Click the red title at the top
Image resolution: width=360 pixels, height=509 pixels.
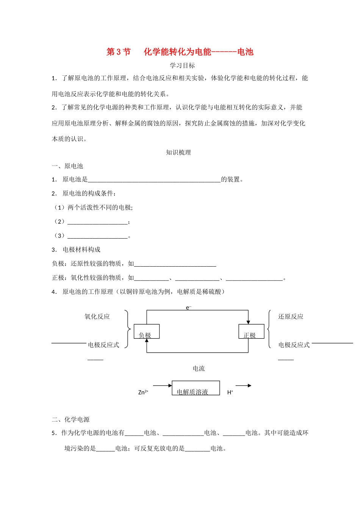[180, 52]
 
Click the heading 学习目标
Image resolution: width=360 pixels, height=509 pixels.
[182, 66]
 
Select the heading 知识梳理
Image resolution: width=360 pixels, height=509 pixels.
[178, 153]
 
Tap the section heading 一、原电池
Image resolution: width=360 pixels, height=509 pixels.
[67, 166]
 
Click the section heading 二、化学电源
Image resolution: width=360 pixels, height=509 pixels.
[71, 419]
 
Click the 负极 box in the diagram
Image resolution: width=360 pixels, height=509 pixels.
[147, 332]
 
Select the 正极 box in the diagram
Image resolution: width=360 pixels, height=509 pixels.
[251, 332]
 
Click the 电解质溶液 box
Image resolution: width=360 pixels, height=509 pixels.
[196, 388]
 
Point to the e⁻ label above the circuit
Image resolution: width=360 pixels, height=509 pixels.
[188, 308]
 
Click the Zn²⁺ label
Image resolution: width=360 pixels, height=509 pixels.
[143, 392]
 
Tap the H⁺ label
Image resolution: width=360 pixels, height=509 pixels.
[230, 392]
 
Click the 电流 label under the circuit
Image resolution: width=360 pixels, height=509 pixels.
[199, 368]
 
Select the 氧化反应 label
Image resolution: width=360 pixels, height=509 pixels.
[97, 317]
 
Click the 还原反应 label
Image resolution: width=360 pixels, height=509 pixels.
[291, 317]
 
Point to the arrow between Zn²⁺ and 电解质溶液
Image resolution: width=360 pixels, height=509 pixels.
[162, 386]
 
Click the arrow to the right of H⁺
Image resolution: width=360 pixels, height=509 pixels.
[243, 386]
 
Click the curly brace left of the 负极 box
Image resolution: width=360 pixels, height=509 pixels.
[128, 329]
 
